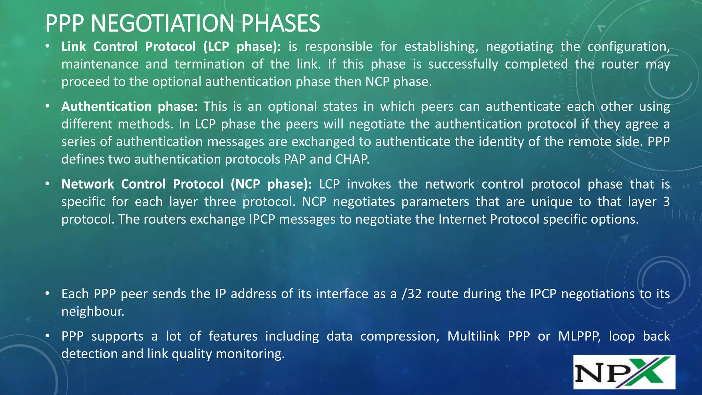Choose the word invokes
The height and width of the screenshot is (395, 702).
[x=369, y=184]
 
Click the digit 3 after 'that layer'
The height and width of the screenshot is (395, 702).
[x=666, y=202]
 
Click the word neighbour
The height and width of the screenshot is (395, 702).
[x=93, y=311]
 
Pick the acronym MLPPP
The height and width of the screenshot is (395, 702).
[x=579, y=336]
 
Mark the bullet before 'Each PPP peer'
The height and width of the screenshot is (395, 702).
[x=48, y=294]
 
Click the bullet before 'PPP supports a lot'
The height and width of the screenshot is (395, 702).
[x=48, y=336]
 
